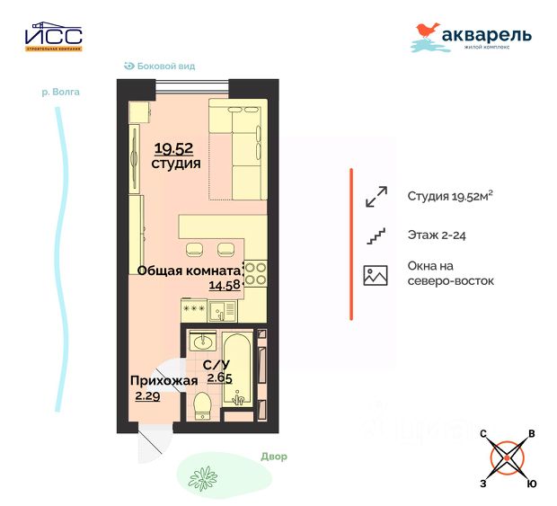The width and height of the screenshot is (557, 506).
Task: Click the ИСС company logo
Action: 53,37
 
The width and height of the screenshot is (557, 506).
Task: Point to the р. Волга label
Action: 60,92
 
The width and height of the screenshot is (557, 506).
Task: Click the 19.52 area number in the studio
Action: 173,149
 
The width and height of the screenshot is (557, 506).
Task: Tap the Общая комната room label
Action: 189,270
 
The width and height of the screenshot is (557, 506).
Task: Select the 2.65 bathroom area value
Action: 219,378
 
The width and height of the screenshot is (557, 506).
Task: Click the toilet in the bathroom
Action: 201,407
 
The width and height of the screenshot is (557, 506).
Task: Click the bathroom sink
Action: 203,342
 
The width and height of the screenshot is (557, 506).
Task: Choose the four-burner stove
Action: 255,272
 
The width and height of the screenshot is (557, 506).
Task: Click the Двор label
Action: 275,457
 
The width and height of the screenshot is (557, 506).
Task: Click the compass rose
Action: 508,458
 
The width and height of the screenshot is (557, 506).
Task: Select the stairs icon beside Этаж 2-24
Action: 375,236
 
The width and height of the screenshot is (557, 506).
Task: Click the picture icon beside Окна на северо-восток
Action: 375,275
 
